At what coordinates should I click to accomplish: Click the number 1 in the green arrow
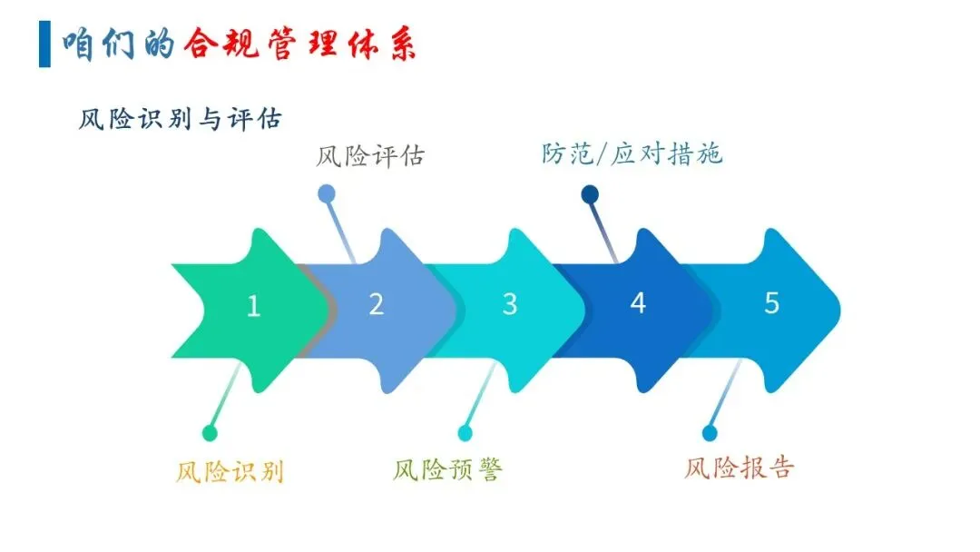click(x=253, y=307)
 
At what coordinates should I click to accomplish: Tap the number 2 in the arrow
click(x=377, y=304)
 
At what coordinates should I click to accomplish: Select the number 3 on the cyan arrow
click(x=509, y=304)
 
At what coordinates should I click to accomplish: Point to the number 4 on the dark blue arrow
click(x=638, y=303)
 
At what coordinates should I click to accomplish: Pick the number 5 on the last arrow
click(x=771, y=302)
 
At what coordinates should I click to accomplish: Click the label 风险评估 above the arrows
click(x=369, y=156)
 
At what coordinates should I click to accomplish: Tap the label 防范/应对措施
click(x=632, y=153)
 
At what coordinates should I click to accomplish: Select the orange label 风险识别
click(x=230, y=471)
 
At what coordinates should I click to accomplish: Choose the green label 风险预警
click(x=447, y=469)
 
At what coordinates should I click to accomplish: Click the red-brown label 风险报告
click(x=740, y=467)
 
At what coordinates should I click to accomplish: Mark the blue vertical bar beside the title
click(x=44, y=44)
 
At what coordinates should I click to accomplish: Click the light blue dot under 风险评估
click(x=327, y=192)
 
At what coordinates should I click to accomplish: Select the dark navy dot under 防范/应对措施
click(x=590, y=193)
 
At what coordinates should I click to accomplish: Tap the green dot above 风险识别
click(x=210, y=433)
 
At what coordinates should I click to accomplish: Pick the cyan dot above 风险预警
click(x=465, y=433)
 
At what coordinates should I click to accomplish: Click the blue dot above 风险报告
click(x=710, y=433)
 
